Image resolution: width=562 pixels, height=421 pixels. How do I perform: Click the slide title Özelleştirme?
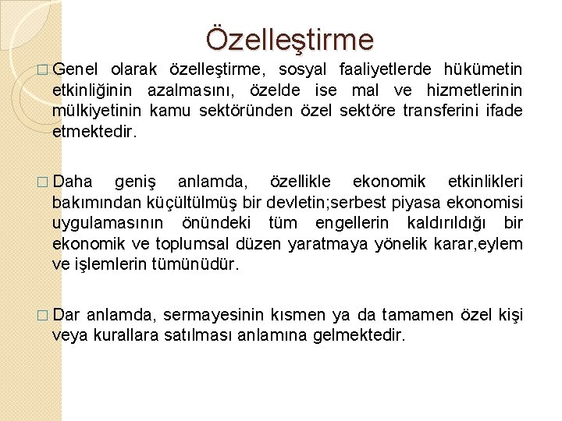coord(290,38)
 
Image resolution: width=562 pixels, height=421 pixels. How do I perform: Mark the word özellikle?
coord(299,182)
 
